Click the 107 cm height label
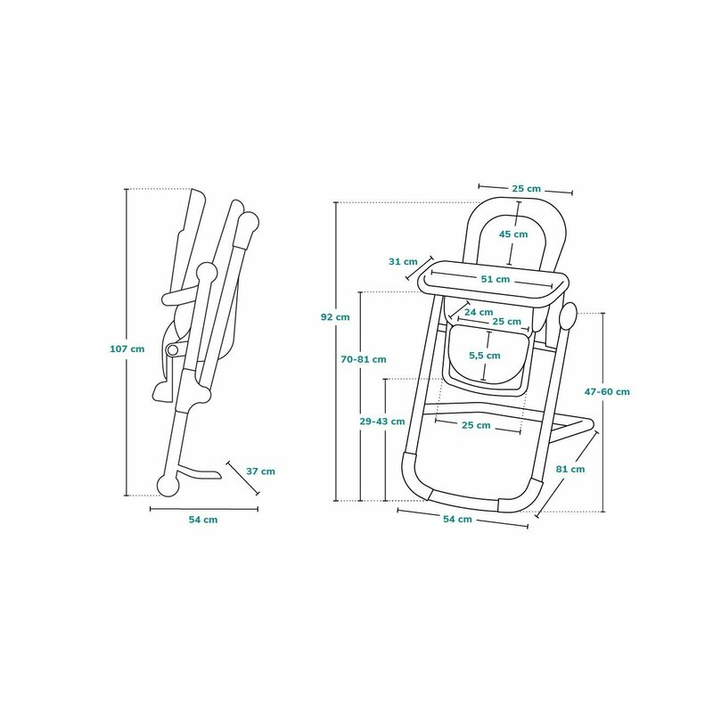click(127, 348)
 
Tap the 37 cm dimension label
click(260, 471)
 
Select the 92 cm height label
click(335, 317)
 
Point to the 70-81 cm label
click(364, 359)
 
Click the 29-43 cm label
click(382, 422)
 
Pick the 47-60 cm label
click(607, 391)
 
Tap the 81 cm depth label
click(570, 469)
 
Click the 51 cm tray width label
click(496, 279)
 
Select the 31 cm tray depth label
click(403, 261)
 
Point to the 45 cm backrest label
click(513, 234)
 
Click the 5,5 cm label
click(485, 356)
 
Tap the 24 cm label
click(479, 312)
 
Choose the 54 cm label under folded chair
click(203, 520)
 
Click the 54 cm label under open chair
click(457, 519)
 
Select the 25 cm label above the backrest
click(526, 188)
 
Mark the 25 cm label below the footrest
click(476, 425)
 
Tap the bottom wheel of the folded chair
click(168, 486)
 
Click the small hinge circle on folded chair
click(173, 349)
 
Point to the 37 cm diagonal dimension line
click(242, 478)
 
